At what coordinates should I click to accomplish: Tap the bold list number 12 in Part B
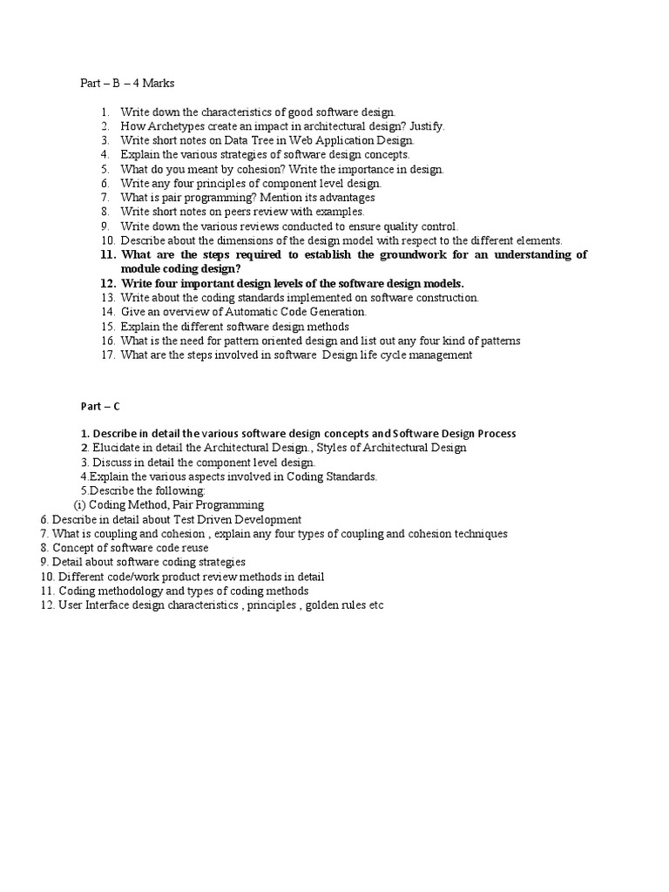tap(108, 283)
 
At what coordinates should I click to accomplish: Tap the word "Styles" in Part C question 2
tap(333, 448)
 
